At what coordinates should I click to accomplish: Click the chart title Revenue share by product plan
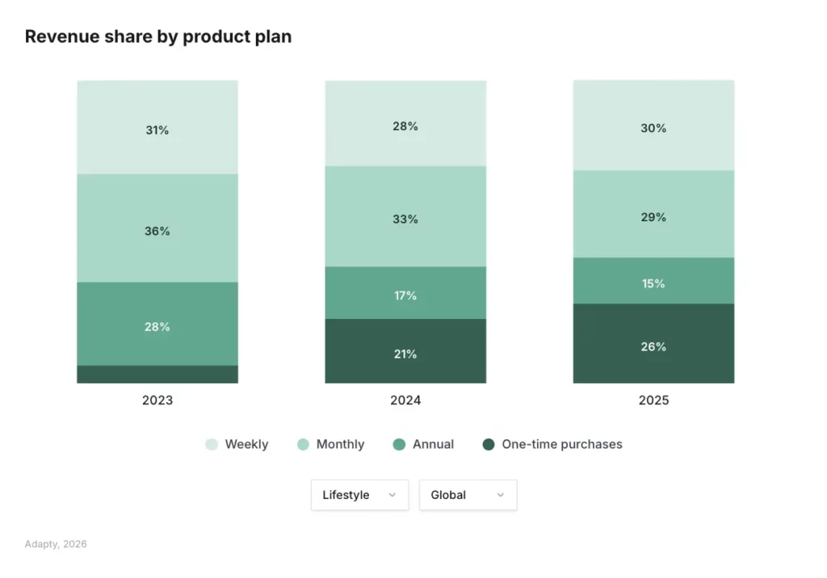coord(158,36)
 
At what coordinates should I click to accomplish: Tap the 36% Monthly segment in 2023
coord(157,230)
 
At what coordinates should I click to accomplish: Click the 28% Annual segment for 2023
coord(157,326)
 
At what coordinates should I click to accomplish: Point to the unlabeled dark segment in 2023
coord(157,375)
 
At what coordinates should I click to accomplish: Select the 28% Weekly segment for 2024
coord(405,126)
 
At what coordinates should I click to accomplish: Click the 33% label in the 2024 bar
coord(405,219)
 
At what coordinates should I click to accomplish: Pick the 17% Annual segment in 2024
coord(405,295)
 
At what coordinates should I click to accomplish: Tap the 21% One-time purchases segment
coord(405,353)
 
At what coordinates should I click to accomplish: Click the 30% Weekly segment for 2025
coord(653,128)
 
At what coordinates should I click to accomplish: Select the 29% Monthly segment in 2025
coord(653,216)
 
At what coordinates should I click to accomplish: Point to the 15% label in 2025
coord(653,283)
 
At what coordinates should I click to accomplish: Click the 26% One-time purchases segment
coord(653,346)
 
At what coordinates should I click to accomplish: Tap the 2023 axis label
coord(157,400)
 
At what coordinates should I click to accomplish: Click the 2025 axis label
coord(653,400)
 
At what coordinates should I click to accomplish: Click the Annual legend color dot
coord(399,444)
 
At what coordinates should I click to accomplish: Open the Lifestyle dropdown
coord(359,495)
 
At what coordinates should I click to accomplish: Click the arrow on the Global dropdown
coord(500,495)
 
